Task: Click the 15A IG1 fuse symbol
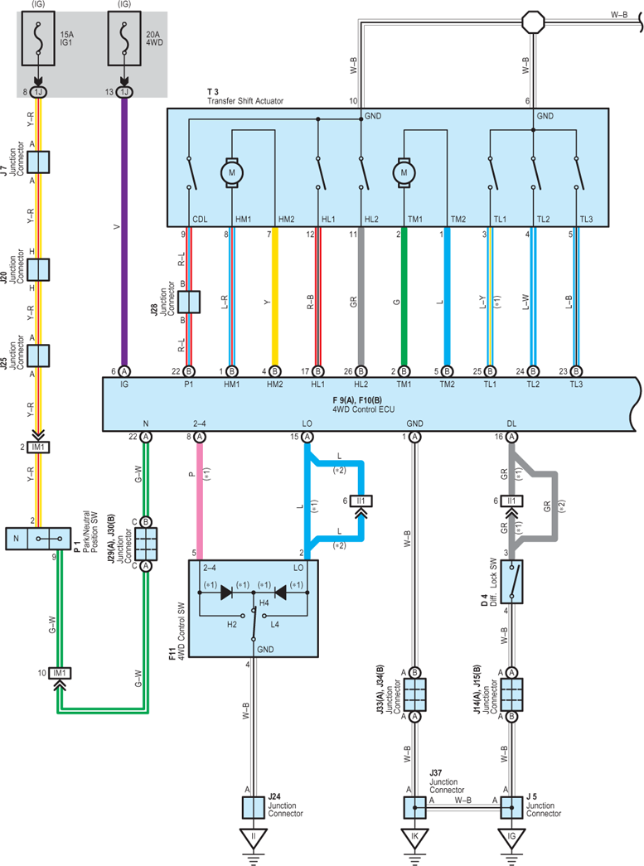tap(38, 38)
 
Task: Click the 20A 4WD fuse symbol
tap(124, 38)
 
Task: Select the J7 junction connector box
tap(38, 162)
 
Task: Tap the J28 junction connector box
tap(189, 302)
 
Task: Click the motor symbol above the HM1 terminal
tap(231, 173)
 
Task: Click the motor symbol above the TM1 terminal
tap(404, 173)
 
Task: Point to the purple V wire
tap(124, 232)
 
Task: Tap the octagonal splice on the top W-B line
tap(533, 22)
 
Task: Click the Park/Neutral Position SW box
tap(38, 539)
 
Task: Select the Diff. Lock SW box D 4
tap(511, 582)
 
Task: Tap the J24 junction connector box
tap(254, 807)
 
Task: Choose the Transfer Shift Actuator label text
tap(245, 101)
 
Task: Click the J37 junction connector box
tap(414, 807)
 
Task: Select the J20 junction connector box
tap(38, 269)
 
